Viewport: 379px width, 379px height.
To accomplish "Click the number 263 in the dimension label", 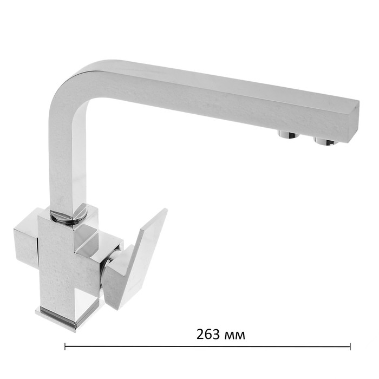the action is point(208,334).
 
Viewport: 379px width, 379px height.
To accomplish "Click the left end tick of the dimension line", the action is point(65,346).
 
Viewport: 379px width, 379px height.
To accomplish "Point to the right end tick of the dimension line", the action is point(350,346).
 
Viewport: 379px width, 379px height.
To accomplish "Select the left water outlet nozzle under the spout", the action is point(288,134).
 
